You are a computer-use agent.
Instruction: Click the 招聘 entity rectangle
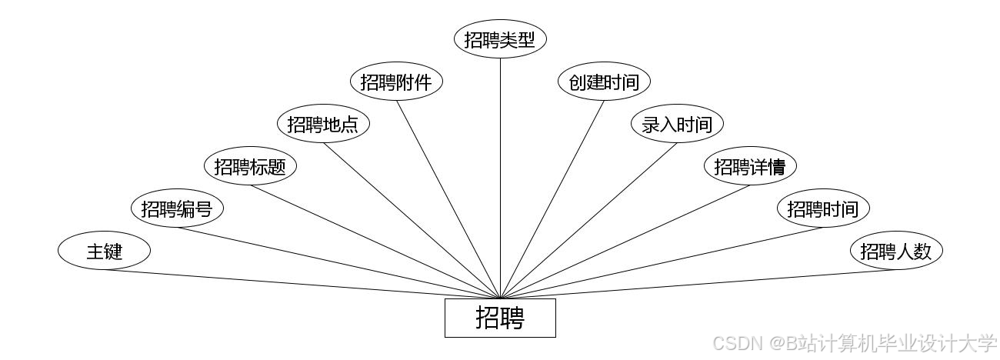(x=500, y=318)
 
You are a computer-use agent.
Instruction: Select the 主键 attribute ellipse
(x=104, y=251)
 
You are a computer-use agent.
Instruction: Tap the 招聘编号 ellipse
(x=177, y=208)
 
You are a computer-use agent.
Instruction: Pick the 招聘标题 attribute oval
(x=250, y=166)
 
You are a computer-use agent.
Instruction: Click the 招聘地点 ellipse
(x=323, y=125)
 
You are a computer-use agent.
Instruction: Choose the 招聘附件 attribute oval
(x=396, y=82)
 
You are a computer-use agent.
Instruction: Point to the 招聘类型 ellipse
(x=500, y=40)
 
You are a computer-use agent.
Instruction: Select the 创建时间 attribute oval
(x=604, y=82)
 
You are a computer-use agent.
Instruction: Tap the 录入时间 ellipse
(x=677, y=125)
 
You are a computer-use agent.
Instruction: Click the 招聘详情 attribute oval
(x=750, y=166)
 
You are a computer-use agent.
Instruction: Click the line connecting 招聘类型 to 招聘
(x=500, y=177)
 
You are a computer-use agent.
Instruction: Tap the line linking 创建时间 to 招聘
(x=552, y=198)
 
